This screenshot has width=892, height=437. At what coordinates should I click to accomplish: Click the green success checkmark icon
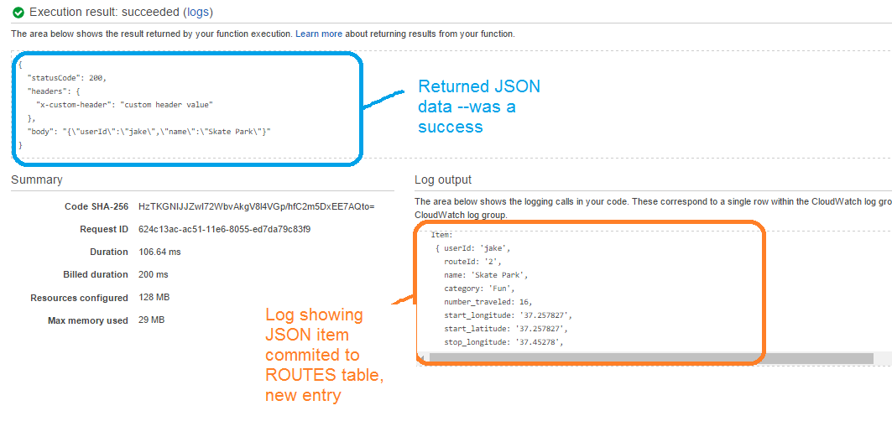pos(18,13)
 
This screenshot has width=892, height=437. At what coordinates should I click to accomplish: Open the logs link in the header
pos(197,13)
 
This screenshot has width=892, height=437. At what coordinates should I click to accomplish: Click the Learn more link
pos(319,34)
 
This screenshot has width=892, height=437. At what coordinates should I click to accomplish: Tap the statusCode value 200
pos(97,78)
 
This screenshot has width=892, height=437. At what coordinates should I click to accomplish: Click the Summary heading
pos(36,179)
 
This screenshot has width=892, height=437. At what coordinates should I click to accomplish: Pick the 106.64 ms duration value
pos(159,252)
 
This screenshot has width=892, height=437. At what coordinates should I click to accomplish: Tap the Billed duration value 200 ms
pos(153,274)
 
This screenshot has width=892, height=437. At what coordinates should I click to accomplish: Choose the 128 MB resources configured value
pos(154,298)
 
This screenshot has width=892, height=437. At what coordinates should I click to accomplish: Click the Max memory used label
pos(88,320)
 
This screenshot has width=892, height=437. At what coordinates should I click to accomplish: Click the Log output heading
pos(443,179)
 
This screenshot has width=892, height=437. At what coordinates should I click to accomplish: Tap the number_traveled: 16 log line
pos(488,302)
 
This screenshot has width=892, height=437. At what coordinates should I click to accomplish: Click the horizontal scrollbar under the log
pos(646,358)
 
